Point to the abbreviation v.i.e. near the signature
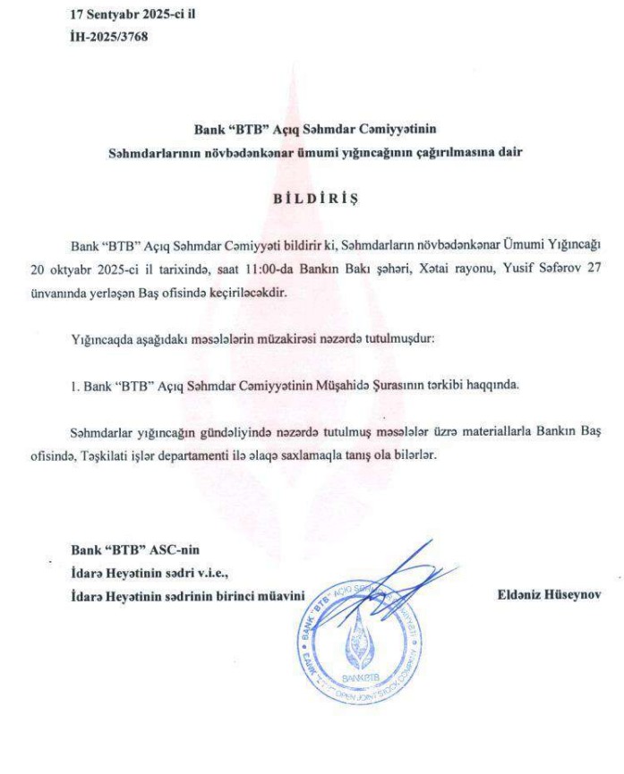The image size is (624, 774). click(218, 572)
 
